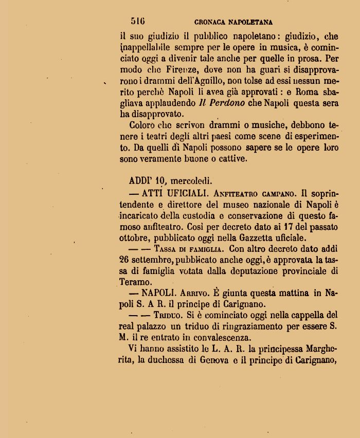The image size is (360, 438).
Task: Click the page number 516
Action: (x=138, y=22)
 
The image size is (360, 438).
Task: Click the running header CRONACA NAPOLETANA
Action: (x=233, y=23)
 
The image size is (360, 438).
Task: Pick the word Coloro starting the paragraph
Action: (x=142, y=125)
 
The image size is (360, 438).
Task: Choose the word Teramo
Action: (x=136, y=282)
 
